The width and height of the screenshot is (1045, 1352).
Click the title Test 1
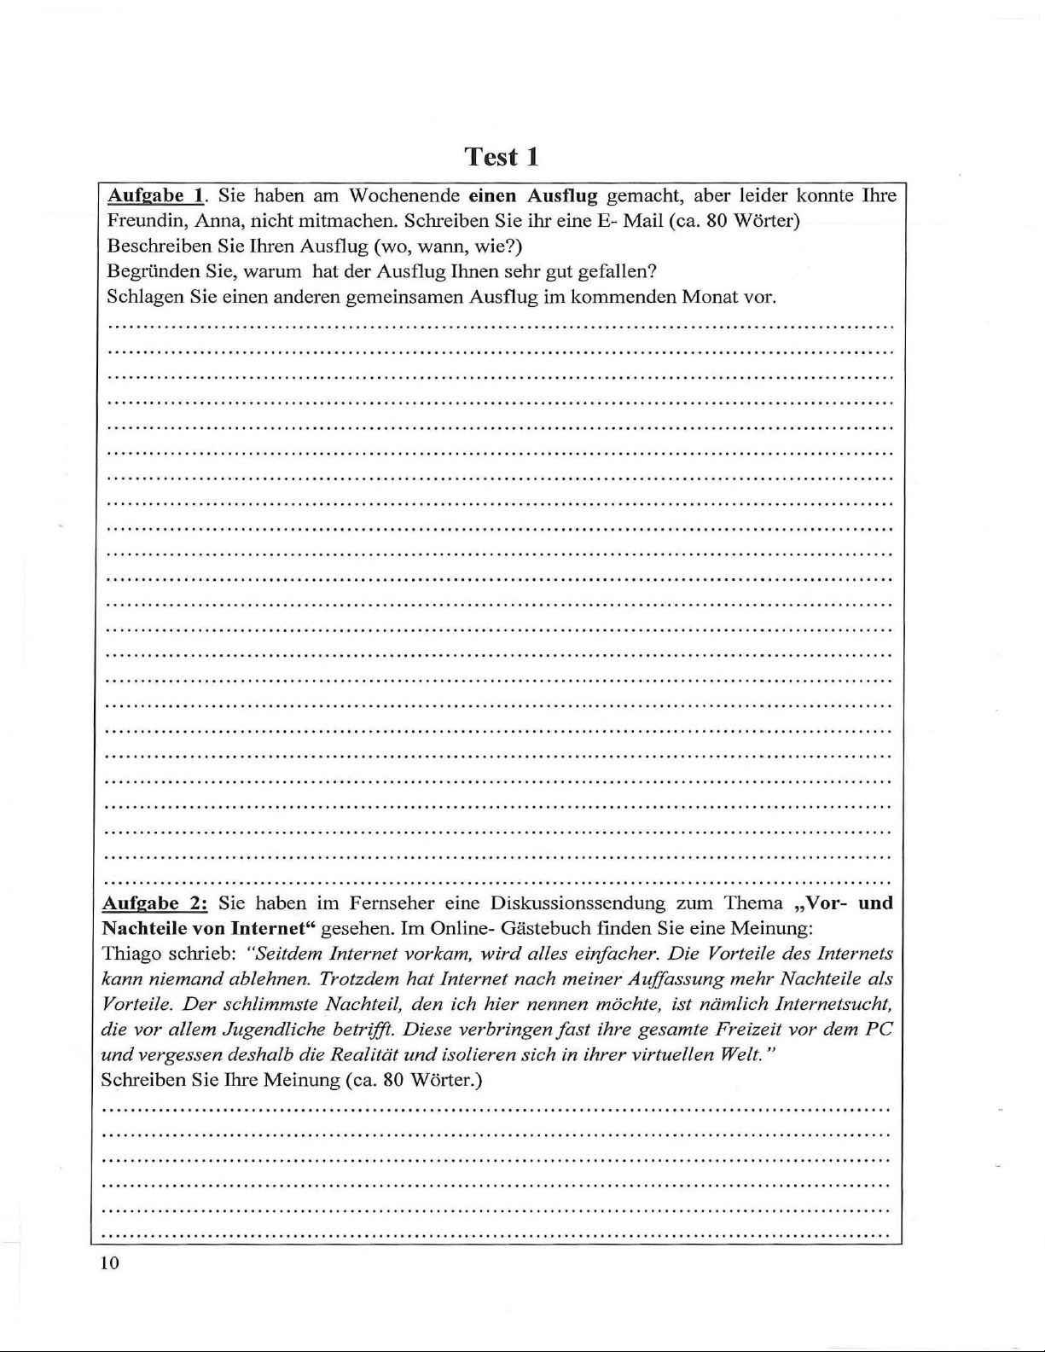pyautogui.click(x=502, y=157)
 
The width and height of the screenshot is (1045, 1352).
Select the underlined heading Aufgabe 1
pyautogui.click(x=155, y=195)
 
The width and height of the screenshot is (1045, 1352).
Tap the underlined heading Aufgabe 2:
pyautogui.click(x=154, y=902)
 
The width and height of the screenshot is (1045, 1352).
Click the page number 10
pyautogui.click(x=110, y=1263)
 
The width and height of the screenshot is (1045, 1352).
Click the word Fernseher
pyautogui.click(x=406, y=902)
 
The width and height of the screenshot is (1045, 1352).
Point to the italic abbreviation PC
pyautogui.click(x=879, y=1029)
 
